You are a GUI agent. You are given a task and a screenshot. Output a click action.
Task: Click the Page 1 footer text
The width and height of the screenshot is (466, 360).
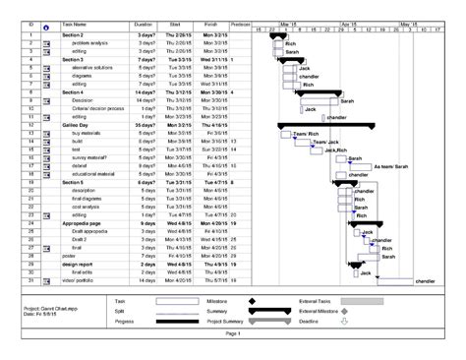(x=232, y=334)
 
